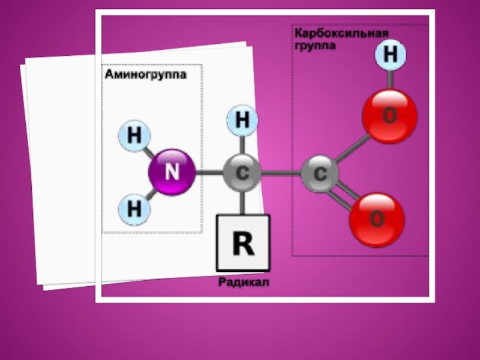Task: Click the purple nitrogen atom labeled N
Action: point(172,172)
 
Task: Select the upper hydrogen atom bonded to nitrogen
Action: point(134,136)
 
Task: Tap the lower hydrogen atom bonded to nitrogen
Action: point(134,209)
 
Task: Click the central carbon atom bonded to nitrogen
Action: point(242,173)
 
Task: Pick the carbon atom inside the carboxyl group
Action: point(320,174)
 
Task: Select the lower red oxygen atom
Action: point(377,220)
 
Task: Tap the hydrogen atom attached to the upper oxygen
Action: point(390,56)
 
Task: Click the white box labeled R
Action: point(243,243)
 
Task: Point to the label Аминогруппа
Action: point(146,75)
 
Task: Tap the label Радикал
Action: point(244,282)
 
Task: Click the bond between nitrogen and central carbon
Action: point(209,173)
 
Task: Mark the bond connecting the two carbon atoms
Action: point(281,173)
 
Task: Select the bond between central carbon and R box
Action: point(242,203)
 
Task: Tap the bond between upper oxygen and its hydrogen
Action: point(390,79)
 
